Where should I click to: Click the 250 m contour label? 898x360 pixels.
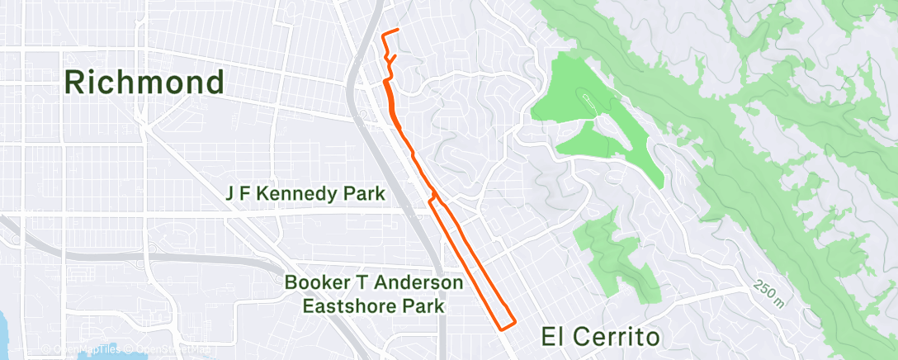(768, 293)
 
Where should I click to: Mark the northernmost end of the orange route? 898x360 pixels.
(398, 30)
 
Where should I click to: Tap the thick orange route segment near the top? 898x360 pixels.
(387, 95)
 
